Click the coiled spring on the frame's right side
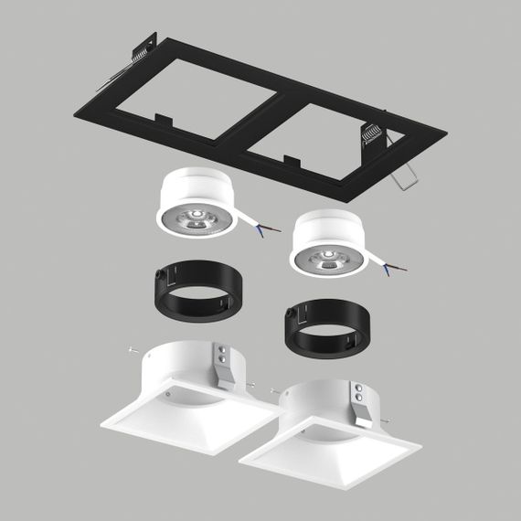pyautogui.click(x=370, y=134)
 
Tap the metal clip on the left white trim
pyautogui.click(x=223, y=364)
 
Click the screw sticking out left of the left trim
pyautogui.click(x=134, y=348)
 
